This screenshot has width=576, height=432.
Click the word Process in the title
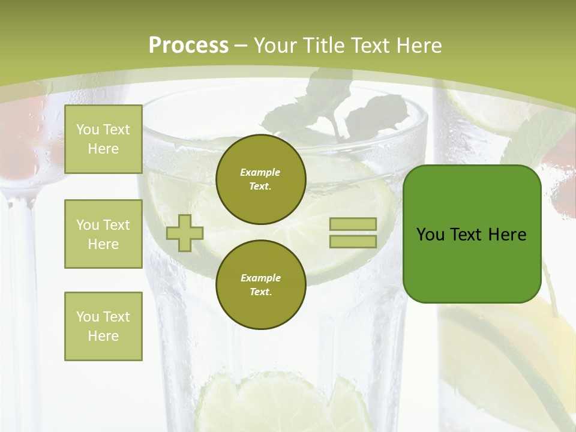(188, 46)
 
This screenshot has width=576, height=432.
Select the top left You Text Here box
(103, 139)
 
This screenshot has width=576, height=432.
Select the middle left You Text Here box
(103, 234)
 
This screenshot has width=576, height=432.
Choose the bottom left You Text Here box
(103, 326)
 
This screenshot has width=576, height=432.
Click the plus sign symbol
(185, 233)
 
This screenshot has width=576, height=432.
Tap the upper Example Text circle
(260, 179)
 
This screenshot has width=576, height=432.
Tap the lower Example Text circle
(260, 284)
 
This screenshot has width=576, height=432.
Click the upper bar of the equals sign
(353, 224)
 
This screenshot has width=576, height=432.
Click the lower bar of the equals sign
(353, 241)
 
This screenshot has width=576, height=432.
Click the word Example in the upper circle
(260, 172)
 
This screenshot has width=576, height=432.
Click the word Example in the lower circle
(260, 278)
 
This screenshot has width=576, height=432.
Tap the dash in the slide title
(241, 46)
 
